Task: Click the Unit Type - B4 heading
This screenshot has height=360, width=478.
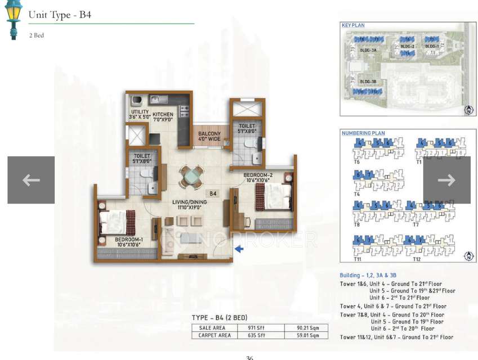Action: click(60, 15)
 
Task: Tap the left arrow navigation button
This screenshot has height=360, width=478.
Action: click(31, 180)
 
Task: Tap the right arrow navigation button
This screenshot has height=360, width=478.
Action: click(446, 180)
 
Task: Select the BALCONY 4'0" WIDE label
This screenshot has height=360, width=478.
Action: click(209, 137)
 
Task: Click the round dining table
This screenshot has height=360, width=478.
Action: click(189, 177)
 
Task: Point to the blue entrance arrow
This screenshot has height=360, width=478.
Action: click(239, 249)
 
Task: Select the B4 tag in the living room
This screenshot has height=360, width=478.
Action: click(213, 193)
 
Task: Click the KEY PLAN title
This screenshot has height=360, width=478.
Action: click(354, 25)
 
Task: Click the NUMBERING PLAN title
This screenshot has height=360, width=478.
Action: click(363, 133)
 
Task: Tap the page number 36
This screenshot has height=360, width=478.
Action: click(249, 357)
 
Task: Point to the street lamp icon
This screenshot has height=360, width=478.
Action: click(12, 20)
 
